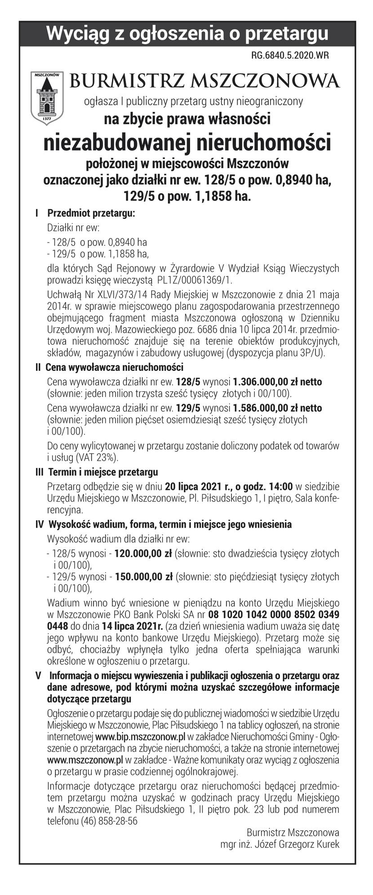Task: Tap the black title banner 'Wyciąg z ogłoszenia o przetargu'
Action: (x=187, y=33)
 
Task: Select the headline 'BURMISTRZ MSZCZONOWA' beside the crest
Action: (x=204, y=81)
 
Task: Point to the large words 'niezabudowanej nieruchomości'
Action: (x=187, y=142)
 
